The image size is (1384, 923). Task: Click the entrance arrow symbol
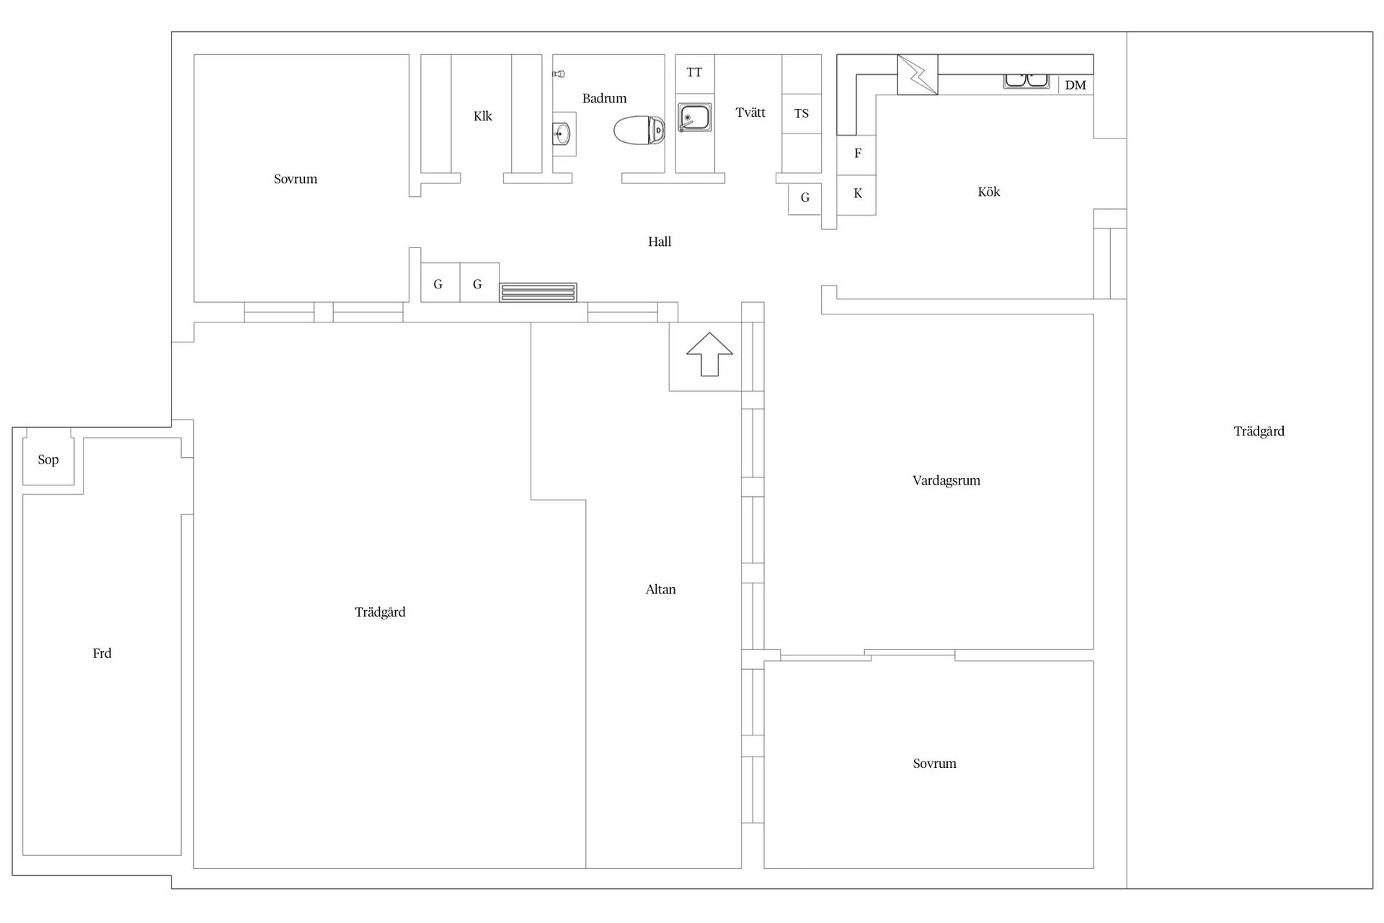pos(709,354)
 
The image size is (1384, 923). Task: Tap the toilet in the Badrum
pos(639,131)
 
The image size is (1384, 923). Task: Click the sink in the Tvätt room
pos(695,117)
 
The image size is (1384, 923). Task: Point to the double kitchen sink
pos(1027,81)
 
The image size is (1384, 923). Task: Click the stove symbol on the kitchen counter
pos(918,74)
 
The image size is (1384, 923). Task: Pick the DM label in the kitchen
pos(1075,85)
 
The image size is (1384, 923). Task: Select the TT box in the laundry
pos(695,72)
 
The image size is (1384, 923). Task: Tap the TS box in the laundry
pos(802,113)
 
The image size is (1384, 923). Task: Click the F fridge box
pos(857,154)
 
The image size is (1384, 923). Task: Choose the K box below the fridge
pos(857,194)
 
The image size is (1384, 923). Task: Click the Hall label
pos(660,242)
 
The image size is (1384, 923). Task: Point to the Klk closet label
pos(483,116)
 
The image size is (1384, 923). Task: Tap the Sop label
pos(48,460)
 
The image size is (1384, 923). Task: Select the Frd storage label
pos(102,653)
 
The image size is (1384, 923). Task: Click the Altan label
pos(661,590)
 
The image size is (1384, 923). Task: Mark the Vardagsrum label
pos(946,481)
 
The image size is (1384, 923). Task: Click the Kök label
pos(989,192)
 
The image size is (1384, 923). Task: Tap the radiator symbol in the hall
pos(538,293)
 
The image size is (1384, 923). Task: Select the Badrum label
pos(605,98)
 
